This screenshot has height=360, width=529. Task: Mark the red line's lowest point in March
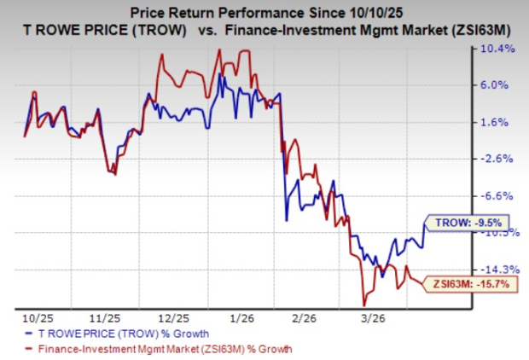(364, 305)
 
